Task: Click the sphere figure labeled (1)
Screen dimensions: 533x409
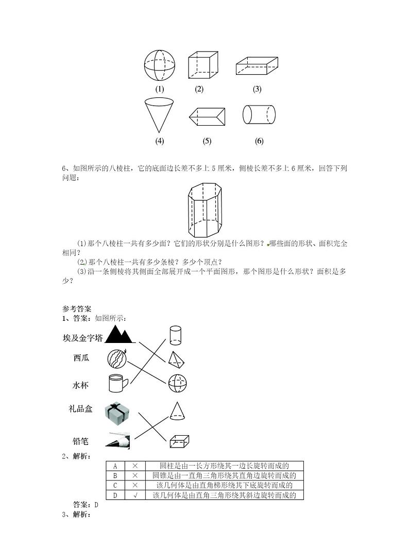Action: (x=159, y=65)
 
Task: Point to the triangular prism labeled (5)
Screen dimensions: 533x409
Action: (x=207, y=117)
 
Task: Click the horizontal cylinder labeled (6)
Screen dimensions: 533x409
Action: (x=259, y=114)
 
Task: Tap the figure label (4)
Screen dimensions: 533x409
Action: (x=159, y=141)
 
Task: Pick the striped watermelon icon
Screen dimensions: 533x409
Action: (x=117, y=358)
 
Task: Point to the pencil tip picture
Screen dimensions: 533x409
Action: (x=118, y=441)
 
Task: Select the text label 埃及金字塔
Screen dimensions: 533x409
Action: (x=82, y=338)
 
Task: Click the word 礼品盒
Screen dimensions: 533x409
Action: (x=80, y=409)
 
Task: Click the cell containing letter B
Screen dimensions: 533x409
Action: (x=115, y=476)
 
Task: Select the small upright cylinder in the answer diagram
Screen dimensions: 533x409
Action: (x=175, y=334)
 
